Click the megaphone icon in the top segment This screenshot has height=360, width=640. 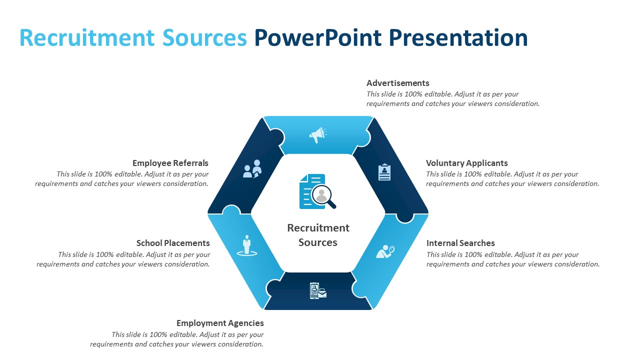coord(317,135)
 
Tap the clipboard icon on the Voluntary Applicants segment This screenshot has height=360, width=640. coord(384,172)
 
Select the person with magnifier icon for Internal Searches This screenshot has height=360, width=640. coord(385,251)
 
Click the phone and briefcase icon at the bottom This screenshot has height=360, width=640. coord(318,290)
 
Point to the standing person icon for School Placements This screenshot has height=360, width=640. coord(247,245)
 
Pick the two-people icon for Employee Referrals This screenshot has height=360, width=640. coord(252,168)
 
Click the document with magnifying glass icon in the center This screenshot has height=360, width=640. coord(317,191)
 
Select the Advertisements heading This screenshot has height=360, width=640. coord(397,83)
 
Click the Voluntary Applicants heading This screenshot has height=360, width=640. coord(467,163)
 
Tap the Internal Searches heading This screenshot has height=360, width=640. coord(460,243)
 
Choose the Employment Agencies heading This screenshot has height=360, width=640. coord(220,323)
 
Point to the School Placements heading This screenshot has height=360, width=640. coord(173,243)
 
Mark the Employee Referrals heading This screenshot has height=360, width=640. coord(170,163)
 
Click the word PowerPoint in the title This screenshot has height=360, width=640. coord(318,37)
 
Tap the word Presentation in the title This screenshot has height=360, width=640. coord(458,37)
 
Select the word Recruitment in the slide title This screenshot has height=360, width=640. coord(87,37)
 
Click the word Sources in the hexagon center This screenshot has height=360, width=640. coord(318,242)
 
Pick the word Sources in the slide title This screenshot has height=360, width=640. coord(204,37)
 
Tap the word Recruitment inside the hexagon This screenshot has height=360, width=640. coord(318,228)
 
